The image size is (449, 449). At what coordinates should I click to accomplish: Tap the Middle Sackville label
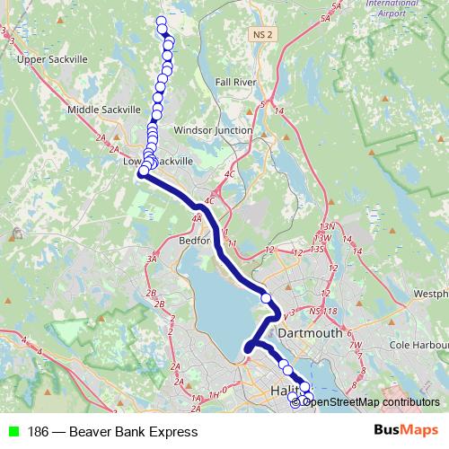coord(104,110)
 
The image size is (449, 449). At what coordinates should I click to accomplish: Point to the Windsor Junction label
coord(212,130)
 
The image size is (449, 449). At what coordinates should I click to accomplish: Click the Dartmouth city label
coord(311,332)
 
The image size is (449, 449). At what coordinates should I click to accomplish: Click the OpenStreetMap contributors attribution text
coord(370,402)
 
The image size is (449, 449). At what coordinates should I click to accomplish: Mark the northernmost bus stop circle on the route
coord(162,22)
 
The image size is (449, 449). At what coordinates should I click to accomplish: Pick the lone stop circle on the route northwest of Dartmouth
coord(266,298)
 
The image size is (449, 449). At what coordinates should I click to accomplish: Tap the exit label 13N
coord(328,227)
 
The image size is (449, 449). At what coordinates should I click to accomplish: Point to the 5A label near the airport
coord(337,7)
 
